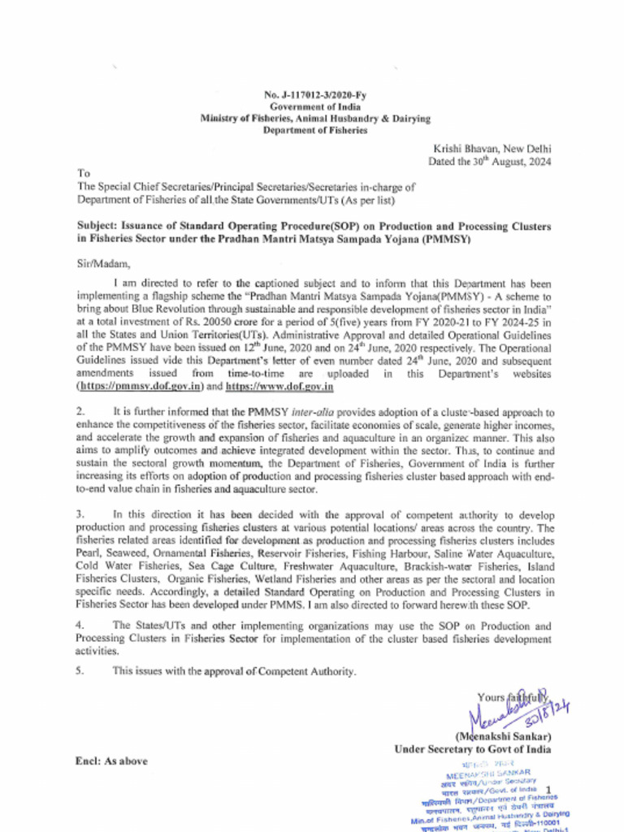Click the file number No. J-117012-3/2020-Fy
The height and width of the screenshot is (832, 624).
tap(315, 96)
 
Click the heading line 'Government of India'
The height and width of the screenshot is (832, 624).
tap(315, 107)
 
